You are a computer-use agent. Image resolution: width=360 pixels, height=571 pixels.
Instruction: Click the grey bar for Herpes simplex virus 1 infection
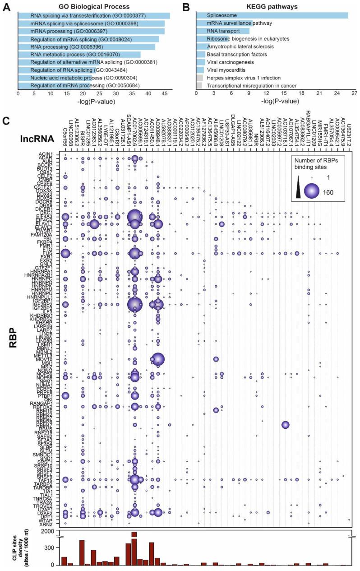199,78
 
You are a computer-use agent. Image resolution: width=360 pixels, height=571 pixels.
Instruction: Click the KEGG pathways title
275,7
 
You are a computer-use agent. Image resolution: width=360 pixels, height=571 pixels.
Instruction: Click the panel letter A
6,6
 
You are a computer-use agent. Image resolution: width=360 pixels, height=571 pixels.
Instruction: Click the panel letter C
6,121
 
